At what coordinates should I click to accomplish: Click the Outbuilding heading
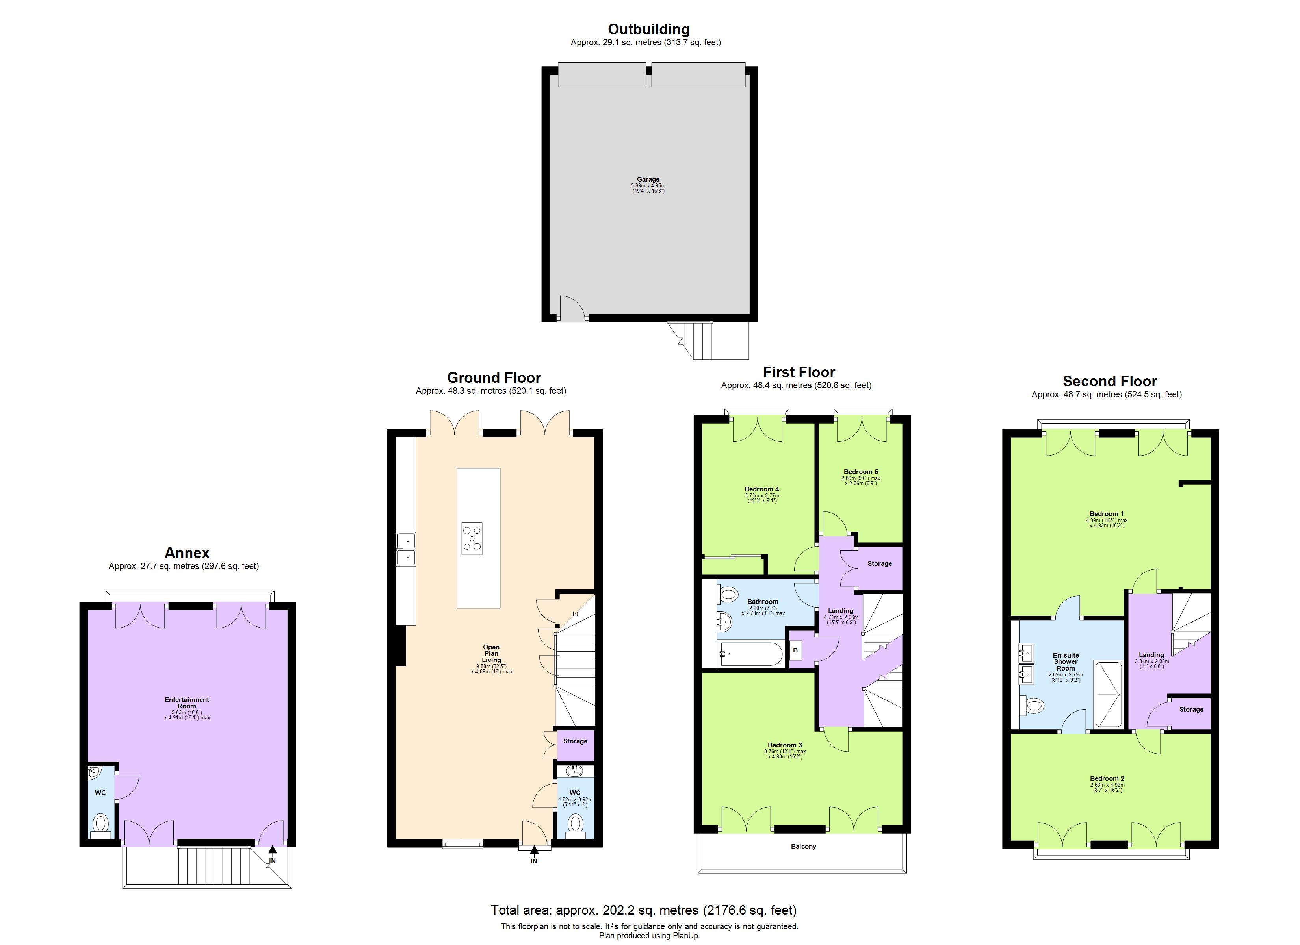648,29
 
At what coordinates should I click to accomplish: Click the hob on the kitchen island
472,538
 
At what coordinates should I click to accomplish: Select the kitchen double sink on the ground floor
406,549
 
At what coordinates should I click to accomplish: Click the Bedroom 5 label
860,472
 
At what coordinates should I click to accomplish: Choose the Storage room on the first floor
879,564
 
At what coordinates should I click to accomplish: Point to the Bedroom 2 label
1107,778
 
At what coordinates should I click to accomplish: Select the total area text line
643,910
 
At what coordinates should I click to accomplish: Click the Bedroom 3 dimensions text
785,754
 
